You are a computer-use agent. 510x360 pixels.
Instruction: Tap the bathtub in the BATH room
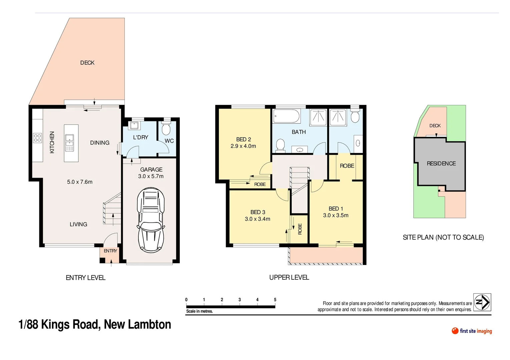[287, 116]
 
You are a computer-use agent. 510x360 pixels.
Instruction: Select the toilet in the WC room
[166, 128]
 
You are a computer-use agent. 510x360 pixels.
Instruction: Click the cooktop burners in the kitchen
[37, 138]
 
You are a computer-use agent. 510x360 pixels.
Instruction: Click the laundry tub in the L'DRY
[134, 125]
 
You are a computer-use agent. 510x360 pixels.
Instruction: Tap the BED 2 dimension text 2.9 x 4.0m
[243, 146]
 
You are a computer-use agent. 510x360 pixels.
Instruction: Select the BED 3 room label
[258, 212]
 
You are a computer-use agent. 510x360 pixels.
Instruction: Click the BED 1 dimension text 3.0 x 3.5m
[336, 215]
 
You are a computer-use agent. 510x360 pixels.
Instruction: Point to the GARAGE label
[151, 170]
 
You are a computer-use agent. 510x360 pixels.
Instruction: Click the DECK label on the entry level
[87, 63]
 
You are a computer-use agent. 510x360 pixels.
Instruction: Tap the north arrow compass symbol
[482, 302]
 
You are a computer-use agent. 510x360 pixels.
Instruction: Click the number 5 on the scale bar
[275, 300]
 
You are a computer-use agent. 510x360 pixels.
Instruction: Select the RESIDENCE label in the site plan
[441, 163]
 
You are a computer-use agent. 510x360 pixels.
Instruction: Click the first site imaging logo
[472, 331]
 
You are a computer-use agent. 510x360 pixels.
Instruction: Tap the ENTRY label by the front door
[110, 251]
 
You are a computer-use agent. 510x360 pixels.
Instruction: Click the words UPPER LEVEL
[289, 277]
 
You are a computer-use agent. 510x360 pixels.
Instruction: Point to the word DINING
[100, 143]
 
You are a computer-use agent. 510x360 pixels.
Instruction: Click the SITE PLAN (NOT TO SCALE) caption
[443, 237]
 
